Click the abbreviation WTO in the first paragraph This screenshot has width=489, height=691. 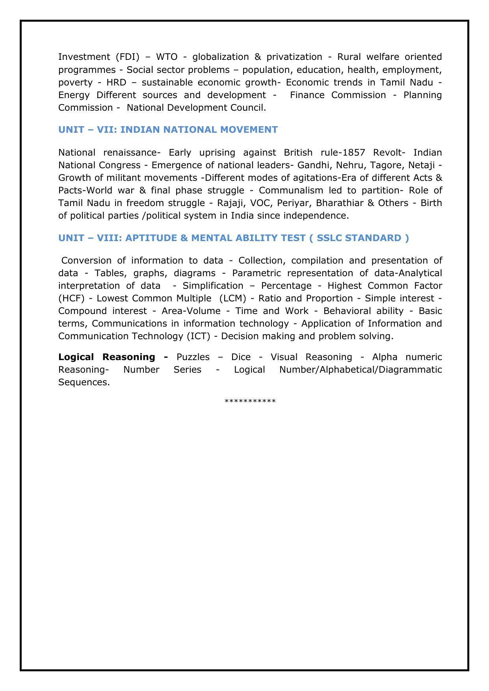coord(167,57)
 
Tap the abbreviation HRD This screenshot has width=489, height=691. coord(116,82)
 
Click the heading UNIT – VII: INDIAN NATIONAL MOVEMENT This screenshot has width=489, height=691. coord(168,130)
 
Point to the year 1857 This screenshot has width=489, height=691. coord(354,152)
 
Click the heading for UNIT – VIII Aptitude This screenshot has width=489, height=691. coord(234,238)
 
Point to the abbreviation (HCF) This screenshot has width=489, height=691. coord(71,298)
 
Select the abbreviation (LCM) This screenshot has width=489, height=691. coord(232,298)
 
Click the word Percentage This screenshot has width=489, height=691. coord(286,286)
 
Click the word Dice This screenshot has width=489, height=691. coord(241,357)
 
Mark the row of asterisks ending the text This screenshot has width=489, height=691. coord(250,401)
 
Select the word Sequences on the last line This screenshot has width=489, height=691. coord(84,382)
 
